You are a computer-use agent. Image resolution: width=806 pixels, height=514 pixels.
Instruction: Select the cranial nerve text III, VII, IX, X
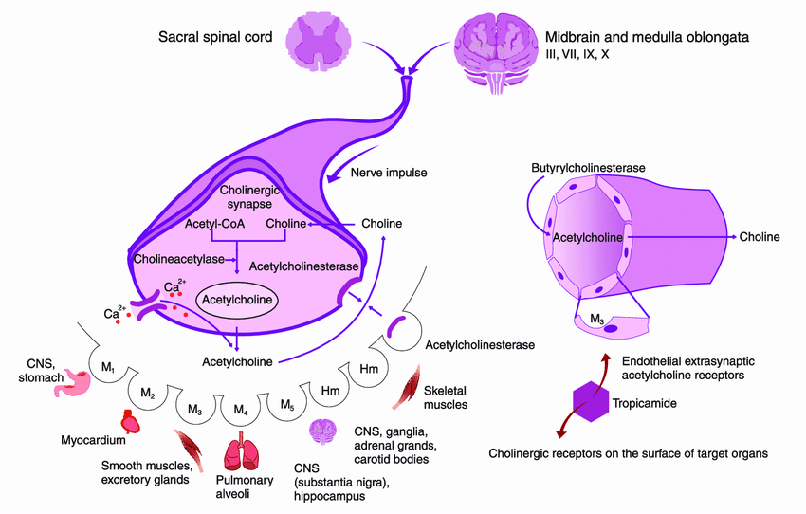coord(577,54)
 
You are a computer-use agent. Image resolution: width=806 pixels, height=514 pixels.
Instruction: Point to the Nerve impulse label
coord(389,173)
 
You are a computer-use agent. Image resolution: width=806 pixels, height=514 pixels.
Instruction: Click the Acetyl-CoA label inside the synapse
coord(215,224)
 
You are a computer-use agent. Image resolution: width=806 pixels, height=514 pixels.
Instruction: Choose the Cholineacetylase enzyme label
coord(179,259)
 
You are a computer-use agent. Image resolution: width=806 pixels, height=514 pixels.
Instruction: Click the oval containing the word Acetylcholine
coord(237,300)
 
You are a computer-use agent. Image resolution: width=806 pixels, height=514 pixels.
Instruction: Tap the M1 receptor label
coord(108,368)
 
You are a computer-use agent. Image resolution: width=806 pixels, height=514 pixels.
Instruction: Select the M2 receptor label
coord(148,394)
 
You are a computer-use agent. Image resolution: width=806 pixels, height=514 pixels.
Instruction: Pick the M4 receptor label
coord(241,410)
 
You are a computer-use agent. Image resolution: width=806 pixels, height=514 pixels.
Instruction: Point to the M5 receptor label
coord(287,405)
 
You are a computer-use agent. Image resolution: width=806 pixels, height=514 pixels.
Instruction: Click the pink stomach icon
coord(73,383)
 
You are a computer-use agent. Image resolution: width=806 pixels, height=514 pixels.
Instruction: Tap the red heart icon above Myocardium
coord(130,421)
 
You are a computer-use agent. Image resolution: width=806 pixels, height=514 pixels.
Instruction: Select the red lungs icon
coord(242,451)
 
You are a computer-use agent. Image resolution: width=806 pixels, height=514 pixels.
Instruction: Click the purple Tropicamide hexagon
coord(591,401)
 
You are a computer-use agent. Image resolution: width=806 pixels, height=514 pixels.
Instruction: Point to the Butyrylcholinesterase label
coord(588,168)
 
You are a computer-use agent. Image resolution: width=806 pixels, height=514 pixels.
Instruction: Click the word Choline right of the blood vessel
coord(760,237)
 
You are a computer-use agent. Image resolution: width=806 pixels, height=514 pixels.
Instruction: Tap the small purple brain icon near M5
coord(322,431)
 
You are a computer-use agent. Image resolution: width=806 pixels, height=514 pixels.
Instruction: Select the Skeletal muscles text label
coord(446,398)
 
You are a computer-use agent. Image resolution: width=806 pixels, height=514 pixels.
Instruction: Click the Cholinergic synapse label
coord(249,197)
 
